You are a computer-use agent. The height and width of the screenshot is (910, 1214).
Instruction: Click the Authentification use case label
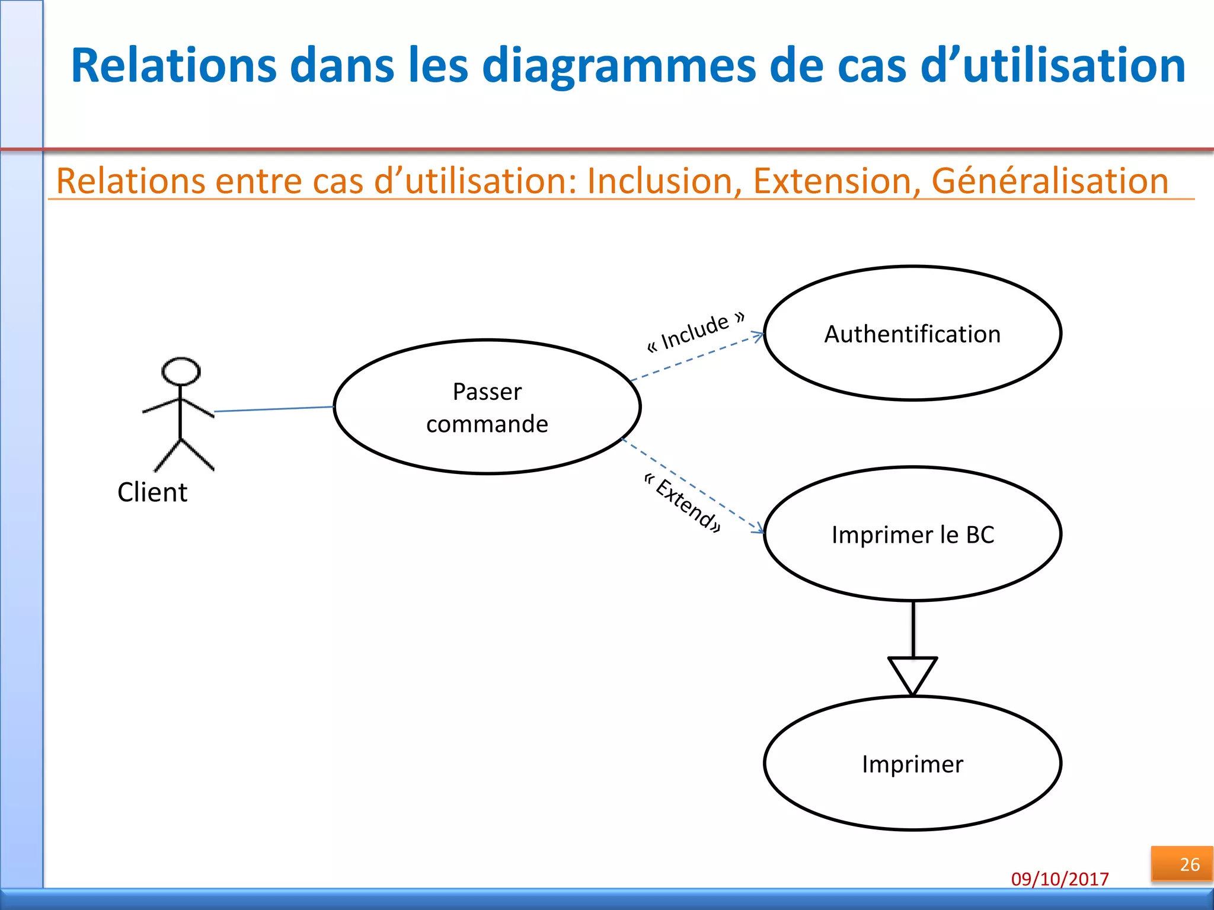click(912, 334)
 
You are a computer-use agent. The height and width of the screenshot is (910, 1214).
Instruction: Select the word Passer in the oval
click(487, 392)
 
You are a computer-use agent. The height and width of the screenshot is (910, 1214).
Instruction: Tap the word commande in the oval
click(487, 424)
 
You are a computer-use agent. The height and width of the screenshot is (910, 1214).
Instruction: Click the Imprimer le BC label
click(912, 534)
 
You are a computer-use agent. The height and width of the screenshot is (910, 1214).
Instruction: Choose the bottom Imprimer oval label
click(912, 764)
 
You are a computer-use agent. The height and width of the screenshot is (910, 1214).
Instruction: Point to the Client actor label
click(152, 492)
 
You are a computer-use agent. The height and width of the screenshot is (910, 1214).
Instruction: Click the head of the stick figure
click(181, 371)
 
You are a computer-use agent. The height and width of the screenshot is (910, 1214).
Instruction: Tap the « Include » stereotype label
click(695, 332)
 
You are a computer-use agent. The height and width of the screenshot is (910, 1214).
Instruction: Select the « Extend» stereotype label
click(683, 504)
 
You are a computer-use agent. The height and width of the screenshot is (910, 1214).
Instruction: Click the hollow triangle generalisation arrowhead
click(912, 672)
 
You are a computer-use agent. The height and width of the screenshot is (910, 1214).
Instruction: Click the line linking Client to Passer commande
click(274, 409)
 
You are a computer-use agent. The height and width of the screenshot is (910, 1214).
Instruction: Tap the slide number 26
click(1189, 864)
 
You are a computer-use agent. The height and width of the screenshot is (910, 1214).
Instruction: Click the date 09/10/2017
click(1060, 879)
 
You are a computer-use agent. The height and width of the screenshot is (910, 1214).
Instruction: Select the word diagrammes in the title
click(619, 65)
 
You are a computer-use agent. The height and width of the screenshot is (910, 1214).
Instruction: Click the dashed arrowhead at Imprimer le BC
click(759, 528)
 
